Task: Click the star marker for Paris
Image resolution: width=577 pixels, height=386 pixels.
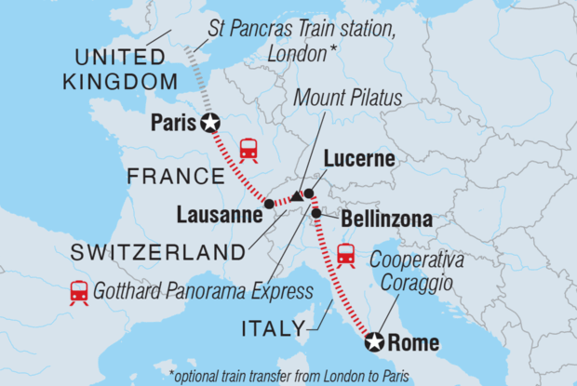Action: coord(211,122)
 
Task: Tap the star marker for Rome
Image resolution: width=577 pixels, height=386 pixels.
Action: coord(375,342)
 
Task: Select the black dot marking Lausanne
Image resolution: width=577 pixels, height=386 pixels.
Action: coord(269,203)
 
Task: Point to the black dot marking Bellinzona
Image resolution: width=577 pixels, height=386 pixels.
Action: coord(316,213)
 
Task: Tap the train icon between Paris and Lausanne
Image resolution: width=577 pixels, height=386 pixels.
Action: coord(248,149)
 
